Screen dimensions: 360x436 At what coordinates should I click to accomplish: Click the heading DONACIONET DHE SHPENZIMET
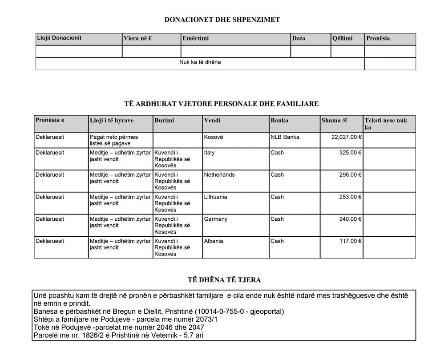(x=222, y=20)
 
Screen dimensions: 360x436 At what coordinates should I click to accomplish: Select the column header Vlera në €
(x=137, y=38)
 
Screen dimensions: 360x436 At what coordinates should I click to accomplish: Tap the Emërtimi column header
(x=195, y=38)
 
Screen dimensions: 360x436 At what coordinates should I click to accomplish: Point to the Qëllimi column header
(x=342, y=38)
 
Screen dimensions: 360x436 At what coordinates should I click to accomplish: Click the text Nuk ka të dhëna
(x=200, y=62)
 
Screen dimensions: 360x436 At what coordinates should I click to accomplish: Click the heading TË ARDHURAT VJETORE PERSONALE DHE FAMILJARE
(x=222, y=104)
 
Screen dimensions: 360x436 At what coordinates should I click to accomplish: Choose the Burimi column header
(x=164, y=120)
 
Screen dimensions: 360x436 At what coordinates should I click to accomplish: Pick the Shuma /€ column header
(x=334, y=120)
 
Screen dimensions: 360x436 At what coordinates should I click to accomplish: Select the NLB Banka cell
(x=285, y=137)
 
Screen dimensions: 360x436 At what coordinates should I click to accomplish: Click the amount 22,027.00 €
(x=346, y=137)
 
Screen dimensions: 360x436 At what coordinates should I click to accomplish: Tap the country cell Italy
(x=209, y=153)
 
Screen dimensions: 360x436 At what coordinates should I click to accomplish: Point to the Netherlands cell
(x=219, y=175)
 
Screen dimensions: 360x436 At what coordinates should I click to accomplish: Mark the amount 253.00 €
(x=350, y=197)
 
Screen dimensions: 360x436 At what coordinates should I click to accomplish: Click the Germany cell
(x=215, y=219)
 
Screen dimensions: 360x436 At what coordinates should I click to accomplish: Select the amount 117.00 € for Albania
(x=350, y=241)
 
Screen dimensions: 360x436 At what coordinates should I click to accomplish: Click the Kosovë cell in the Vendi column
(x=214, y=137)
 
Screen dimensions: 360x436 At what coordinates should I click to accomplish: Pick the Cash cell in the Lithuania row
(x=277, y=197)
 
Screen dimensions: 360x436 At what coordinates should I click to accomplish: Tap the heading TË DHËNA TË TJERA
(x=224, y=280)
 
